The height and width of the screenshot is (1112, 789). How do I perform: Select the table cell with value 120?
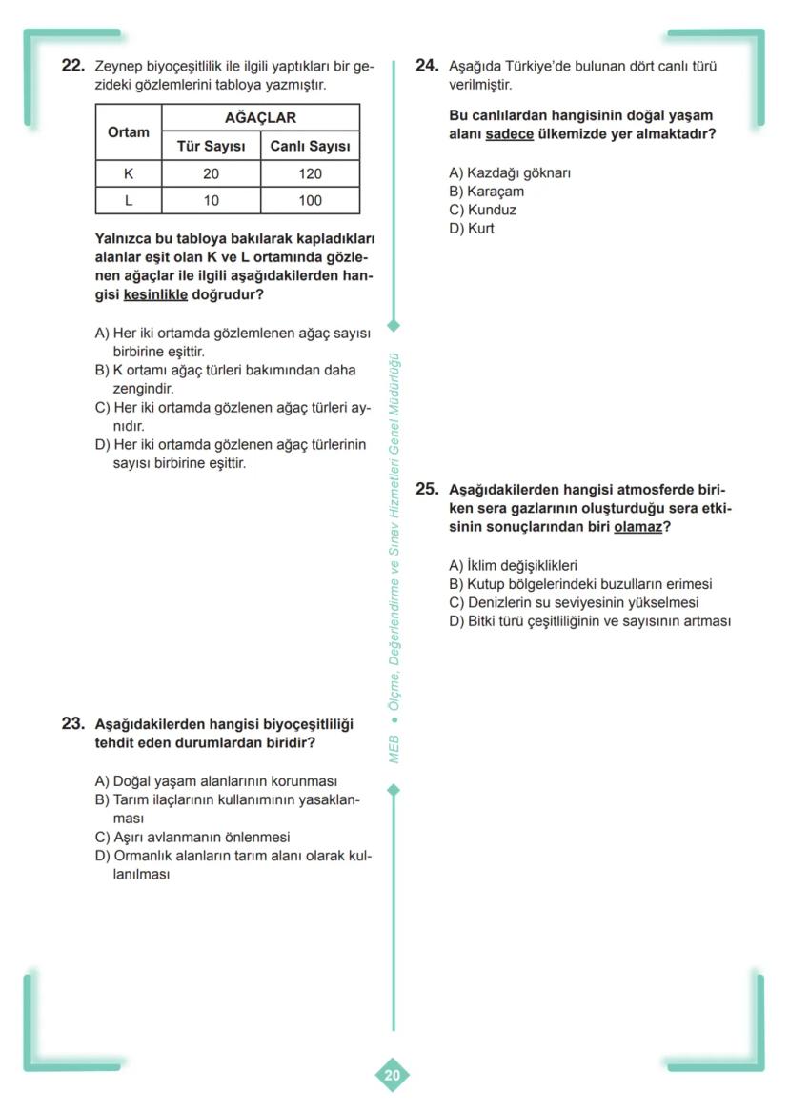(x=310, y=174)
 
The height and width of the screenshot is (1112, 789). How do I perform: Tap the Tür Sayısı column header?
(x=211, y=147)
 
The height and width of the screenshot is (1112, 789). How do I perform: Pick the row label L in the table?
(x=129, y=201)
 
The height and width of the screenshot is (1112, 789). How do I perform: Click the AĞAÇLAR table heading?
(x=260, y=118)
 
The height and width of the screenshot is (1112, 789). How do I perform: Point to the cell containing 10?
(x=211, y=201)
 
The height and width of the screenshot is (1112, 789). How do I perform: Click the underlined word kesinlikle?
(x=155, y=295)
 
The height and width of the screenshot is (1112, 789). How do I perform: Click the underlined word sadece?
(x=510, y=134)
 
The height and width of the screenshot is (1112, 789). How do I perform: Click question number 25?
(x=427, y=489)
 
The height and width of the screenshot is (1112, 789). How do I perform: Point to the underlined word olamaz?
(x=637, y=526)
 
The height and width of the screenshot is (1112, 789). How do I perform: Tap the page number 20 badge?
(x=393, y=1076)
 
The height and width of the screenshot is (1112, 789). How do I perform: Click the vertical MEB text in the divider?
(x=394, y=748)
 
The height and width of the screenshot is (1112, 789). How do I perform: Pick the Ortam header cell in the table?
(x=129, y=132)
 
